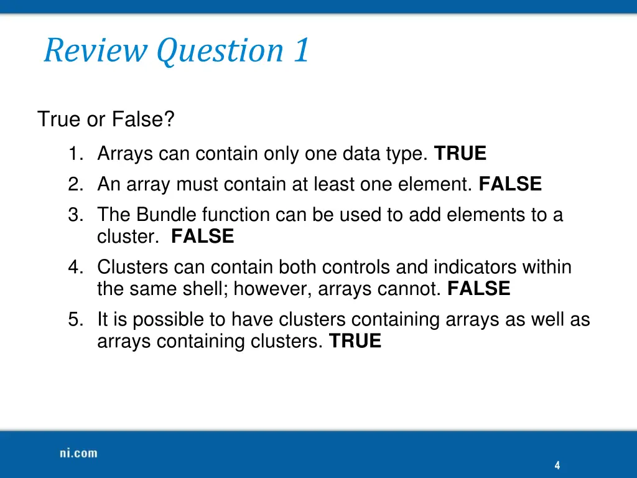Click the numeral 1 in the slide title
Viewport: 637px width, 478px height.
click(x=301, y=50)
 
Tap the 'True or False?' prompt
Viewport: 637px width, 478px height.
click(x=106, y=119)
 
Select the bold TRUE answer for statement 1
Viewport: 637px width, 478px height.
click(x=460, y=153)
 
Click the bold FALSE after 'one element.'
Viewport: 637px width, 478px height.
click(x=510, y=184)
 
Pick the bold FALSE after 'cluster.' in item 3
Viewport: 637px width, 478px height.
click(x=202, y=237)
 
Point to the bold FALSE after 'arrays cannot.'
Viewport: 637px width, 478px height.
click(x=478, y=289)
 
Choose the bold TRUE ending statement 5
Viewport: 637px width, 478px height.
click(x=355, y=341)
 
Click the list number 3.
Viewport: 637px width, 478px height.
click(x=75, y=215)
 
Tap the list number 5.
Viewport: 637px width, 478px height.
click(x=75, y=320)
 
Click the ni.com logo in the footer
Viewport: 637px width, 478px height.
click(x=78, y=453)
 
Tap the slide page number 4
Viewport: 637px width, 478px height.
click(x=557, y=466)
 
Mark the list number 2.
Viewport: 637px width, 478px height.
click(x=75, y=184)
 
